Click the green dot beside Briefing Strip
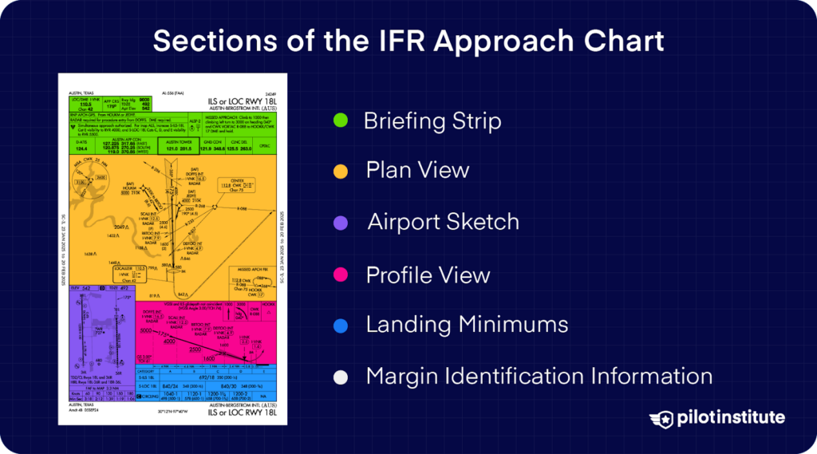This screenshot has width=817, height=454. click(340, 121)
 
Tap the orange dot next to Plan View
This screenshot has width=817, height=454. click(340, 171)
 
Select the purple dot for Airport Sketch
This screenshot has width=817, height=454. click(340, 223)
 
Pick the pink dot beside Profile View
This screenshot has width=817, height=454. click(340, 275)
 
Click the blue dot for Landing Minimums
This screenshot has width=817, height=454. click(340, 326)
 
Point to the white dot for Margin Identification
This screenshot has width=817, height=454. click(340, 376)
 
